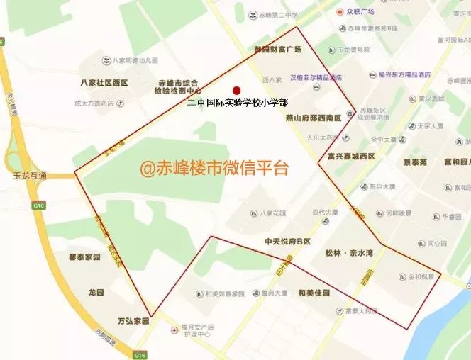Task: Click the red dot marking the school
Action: click(236, 91)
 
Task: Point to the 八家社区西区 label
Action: click(104, 83)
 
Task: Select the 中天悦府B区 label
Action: click(288, 242)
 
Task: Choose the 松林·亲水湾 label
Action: click(348, 253)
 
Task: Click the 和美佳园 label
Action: click(314, 293)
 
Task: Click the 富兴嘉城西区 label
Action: click(351, 156)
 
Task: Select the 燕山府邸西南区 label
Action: click(314, 118)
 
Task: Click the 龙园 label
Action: click(96, 292)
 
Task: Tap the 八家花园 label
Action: click(272, 212)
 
